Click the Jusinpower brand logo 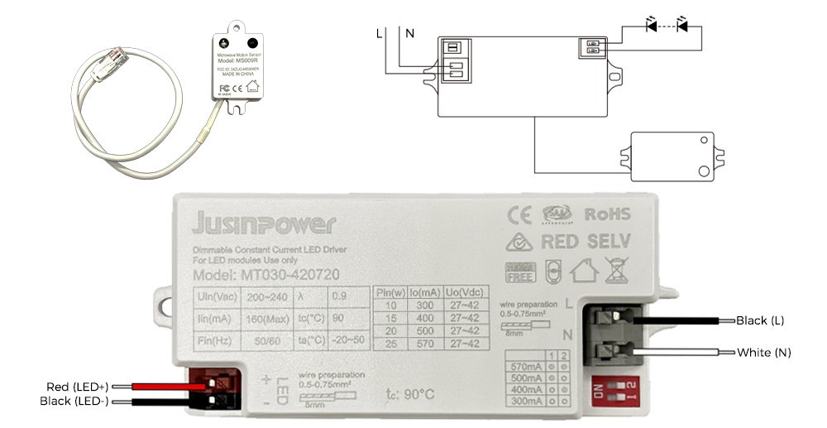point(263,224)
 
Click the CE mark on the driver point(519,214)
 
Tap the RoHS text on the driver point(607,214)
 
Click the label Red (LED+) point(74,387)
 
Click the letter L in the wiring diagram point(380,34)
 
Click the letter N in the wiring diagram point(409,34)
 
